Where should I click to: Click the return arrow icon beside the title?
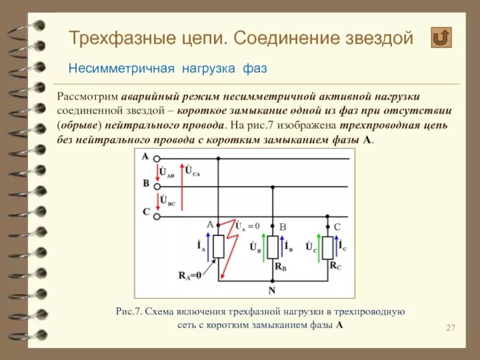[441, 38]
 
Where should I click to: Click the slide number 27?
[451, 327]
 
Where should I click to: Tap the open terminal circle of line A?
[157, 160]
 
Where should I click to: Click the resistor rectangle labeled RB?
[272, 247]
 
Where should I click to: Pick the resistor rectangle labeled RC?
[328, 247]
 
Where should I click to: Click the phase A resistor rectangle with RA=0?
[218, 247]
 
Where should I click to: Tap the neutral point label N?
[272, 291]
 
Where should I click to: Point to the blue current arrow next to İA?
[208, 247]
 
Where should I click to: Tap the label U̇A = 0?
[247, 226]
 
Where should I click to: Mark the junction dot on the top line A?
[218, 160]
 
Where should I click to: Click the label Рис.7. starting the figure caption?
[130, 312]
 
